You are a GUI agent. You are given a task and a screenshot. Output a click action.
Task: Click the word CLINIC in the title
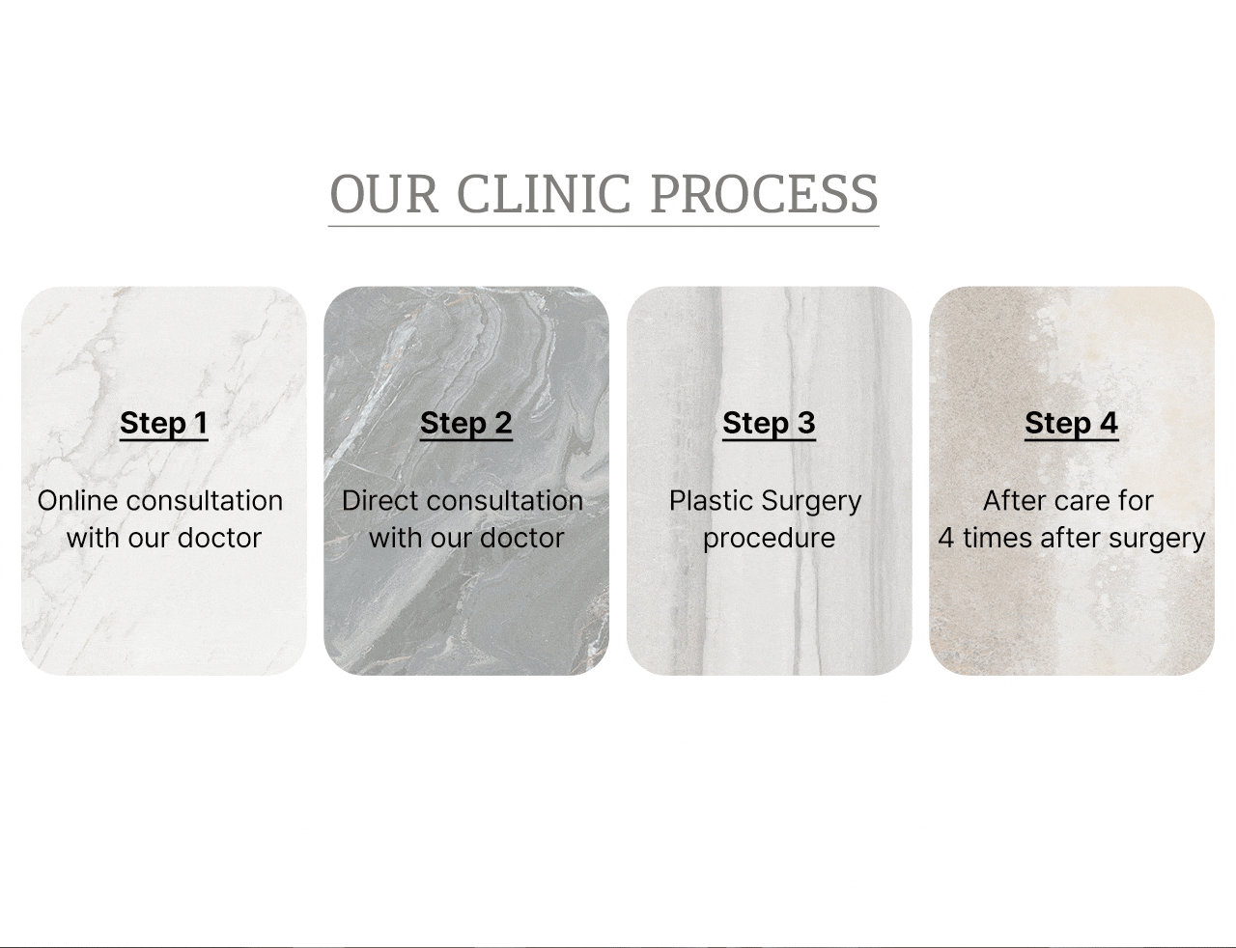(544, 194)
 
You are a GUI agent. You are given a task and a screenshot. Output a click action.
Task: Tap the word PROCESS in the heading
(765, 194)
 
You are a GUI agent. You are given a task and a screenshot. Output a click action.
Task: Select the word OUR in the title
(384, 194)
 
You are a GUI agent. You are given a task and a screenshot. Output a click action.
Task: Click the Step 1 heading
(164, 423)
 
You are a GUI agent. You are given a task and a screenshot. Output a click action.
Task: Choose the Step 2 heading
(465, 423)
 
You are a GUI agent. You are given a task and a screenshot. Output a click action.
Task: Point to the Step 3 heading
(769, 423)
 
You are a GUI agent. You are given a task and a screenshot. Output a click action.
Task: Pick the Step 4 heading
(1072, 423)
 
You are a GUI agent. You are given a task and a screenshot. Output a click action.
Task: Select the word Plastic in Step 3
(711, 501)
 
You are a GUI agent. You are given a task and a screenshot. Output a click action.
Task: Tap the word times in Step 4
(997, 538)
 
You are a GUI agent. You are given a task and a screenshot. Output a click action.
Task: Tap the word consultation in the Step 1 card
(204, 501)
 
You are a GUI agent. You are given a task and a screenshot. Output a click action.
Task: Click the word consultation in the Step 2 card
(504, 501)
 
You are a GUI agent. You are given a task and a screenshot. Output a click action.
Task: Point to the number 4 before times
(946, 538)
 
